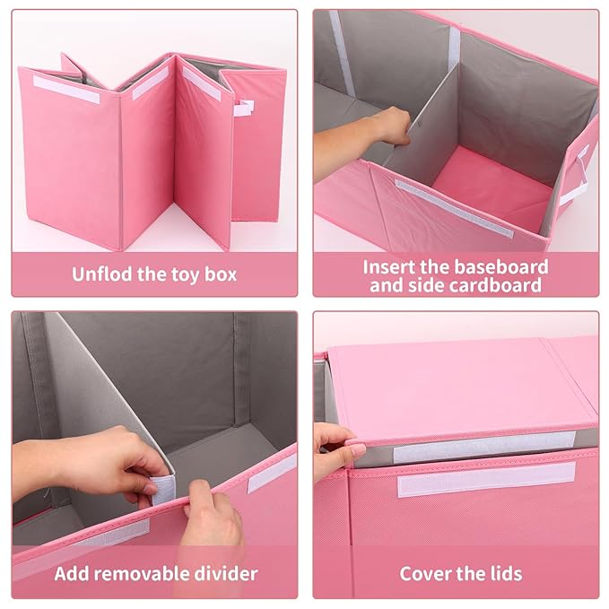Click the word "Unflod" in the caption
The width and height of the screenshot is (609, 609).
[x=102, y=274]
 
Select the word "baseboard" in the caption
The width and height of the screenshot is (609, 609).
[x=501, y=267]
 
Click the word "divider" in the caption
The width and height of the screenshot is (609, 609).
[x=226, y=574]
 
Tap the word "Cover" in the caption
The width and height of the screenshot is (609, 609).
[x=424, y=574]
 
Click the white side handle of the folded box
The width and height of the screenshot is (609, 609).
[x=244, y=108]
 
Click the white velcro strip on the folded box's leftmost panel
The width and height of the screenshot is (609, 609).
[x=66, y=90]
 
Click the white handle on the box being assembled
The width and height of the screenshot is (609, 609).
[x=575, y=175]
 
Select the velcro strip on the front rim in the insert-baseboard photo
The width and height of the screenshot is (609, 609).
[x=454, y=208]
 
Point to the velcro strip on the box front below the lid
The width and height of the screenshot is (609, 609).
[x=486, y=480]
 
